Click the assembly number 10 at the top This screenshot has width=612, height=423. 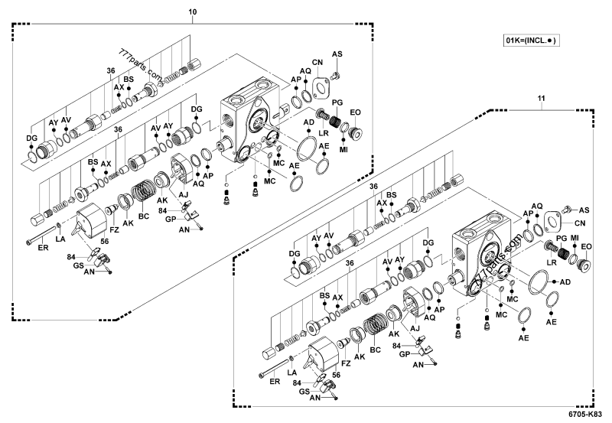192,11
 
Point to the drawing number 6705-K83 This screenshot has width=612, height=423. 585,414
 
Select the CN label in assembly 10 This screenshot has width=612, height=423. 317,62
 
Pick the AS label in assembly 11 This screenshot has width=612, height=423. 584,210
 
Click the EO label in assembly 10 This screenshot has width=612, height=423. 355,112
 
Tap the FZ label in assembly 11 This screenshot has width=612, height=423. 347,363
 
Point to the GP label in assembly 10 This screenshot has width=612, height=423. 171,219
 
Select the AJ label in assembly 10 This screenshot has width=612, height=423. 184,196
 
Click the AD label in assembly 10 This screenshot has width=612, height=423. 308,122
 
